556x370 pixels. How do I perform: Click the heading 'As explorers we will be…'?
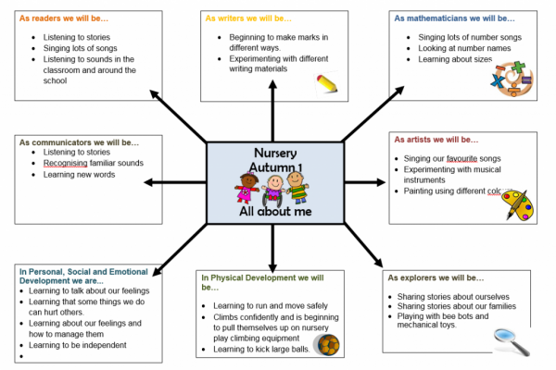[x=436, y=277]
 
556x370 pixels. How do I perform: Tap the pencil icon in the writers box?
[x=327, y=85]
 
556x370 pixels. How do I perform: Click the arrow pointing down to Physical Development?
[x=272, y=250]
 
